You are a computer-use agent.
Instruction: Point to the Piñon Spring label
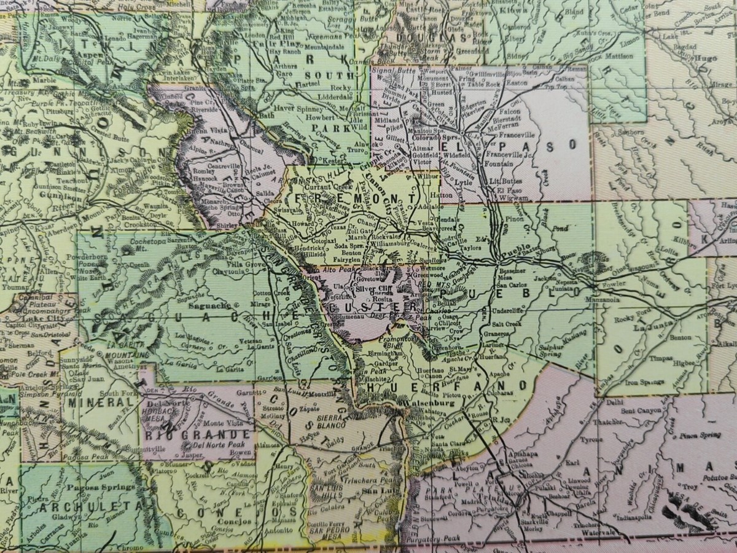700,436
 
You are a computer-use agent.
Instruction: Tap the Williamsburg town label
394,243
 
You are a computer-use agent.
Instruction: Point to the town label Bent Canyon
642,410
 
